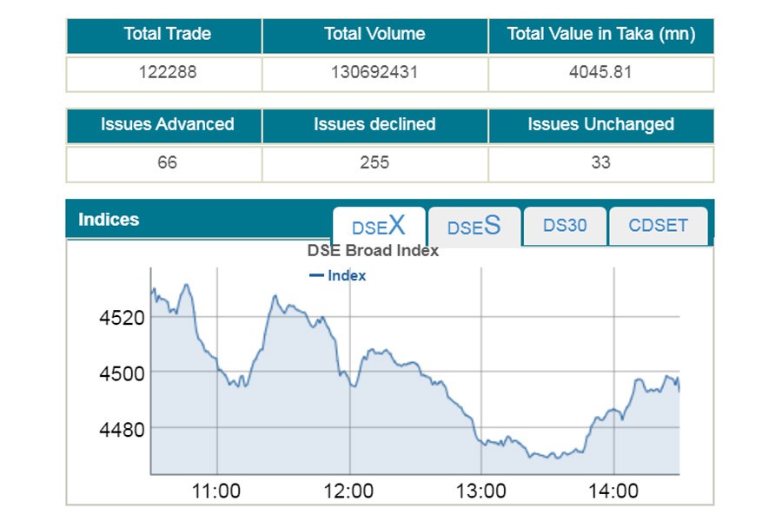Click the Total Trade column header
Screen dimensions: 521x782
coord(167,35)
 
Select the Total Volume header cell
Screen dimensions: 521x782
coord(374,35)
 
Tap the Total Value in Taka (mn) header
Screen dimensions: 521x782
coord(601,35)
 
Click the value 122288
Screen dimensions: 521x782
coord(167,72)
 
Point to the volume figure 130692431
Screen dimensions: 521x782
coord(374,72)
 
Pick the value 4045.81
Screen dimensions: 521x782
coord(601,72)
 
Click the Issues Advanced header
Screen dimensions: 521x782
coord(167,124)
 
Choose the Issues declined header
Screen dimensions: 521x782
coord(374,124)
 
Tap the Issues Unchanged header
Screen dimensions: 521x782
coord(601,124)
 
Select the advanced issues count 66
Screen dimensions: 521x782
coord(167,162)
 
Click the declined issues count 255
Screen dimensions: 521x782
coord(374,162)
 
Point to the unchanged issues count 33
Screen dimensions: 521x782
coord(601,162)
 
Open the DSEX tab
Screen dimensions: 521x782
coord(379,227)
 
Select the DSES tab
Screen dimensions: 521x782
coord(474,227)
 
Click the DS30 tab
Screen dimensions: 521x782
coord(565,226)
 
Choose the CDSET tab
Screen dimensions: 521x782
coord(658,226)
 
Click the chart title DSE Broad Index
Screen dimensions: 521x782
coord(373,251)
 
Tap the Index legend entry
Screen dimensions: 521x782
coord(338,276)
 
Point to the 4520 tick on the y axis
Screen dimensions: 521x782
coord(122,317)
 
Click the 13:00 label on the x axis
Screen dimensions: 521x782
coord(480,491)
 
